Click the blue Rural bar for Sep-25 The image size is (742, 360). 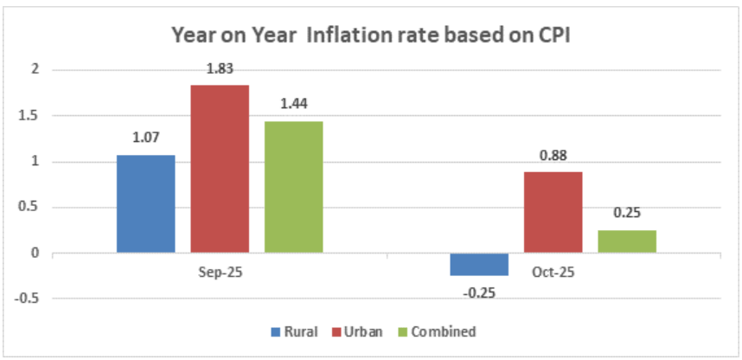[146, 203]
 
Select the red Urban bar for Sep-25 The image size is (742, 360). [220, 169]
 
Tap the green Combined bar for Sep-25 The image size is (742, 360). [293, 187]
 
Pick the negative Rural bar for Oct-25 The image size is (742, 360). [479, 264]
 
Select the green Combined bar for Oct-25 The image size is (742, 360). [626, 241]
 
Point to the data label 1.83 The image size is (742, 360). [220, 68]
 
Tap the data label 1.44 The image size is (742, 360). [293, 105]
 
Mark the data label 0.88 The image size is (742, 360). [553, 156]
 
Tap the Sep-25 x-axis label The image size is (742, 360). [220, 271]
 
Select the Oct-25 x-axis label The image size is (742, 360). [553, 271]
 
